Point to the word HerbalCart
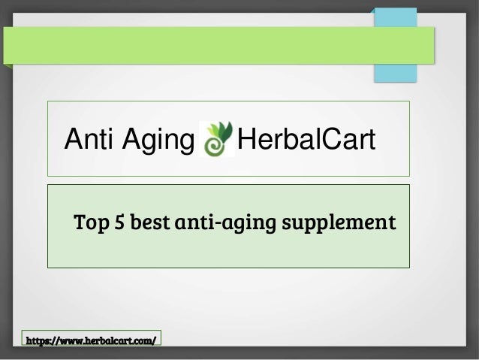click(305, 140)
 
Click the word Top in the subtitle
click(88, 223)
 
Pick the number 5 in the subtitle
click(118, 223)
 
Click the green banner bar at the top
click(218, 45)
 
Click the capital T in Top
click(78, 223)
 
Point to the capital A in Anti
click(74, 140)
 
